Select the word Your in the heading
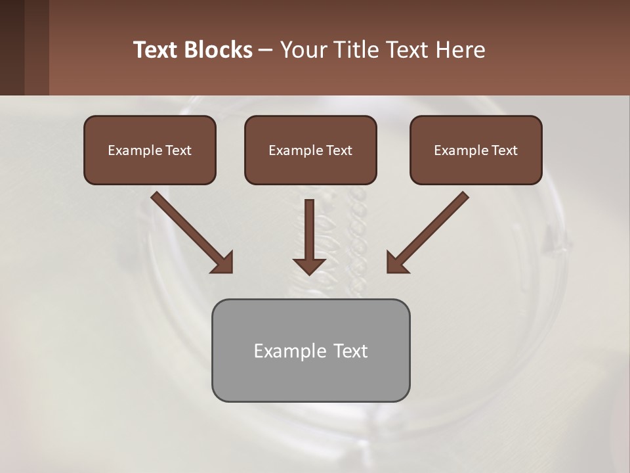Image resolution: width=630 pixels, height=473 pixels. (304, 50)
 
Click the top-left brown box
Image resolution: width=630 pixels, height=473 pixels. (150, 150)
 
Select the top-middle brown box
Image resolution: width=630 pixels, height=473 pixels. (310, 150)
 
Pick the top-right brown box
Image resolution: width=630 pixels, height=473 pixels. (476, 150)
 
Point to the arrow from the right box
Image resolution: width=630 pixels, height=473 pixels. (430, 230)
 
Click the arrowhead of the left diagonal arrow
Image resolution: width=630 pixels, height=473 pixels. (223, 263)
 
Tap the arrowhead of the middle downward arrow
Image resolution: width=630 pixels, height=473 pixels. (309, 265)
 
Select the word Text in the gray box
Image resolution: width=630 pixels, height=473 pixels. (350, 351)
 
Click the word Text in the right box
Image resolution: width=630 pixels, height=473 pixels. (504, 150)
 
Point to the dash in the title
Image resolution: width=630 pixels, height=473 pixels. (266, 51)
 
